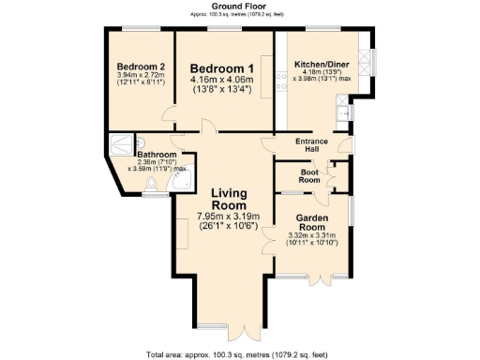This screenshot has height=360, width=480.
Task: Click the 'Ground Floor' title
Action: coord(239,6)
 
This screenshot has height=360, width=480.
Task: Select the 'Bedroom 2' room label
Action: coord(141,67)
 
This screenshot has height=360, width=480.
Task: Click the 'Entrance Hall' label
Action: coord(312,145)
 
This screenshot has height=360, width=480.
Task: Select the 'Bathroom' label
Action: coord(156,154)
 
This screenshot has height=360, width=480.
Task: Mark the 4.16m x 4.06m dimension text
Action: coord(221,82)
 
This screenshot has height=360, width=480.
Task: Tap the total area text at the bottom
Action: coord(239,354)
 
